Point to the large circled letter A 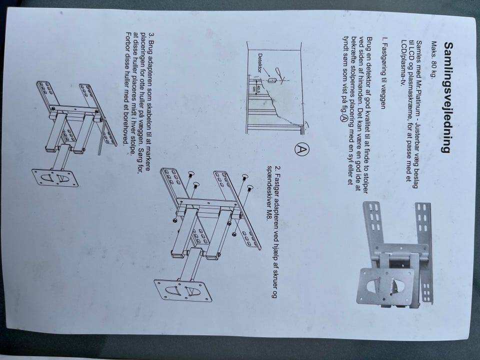click(x=301, y=149)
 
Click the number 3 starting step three click(x=151, y=35)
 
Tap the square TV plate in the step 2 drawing click(x=183, y=291)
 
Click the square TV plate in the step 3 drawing click(x=55, y=177)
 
